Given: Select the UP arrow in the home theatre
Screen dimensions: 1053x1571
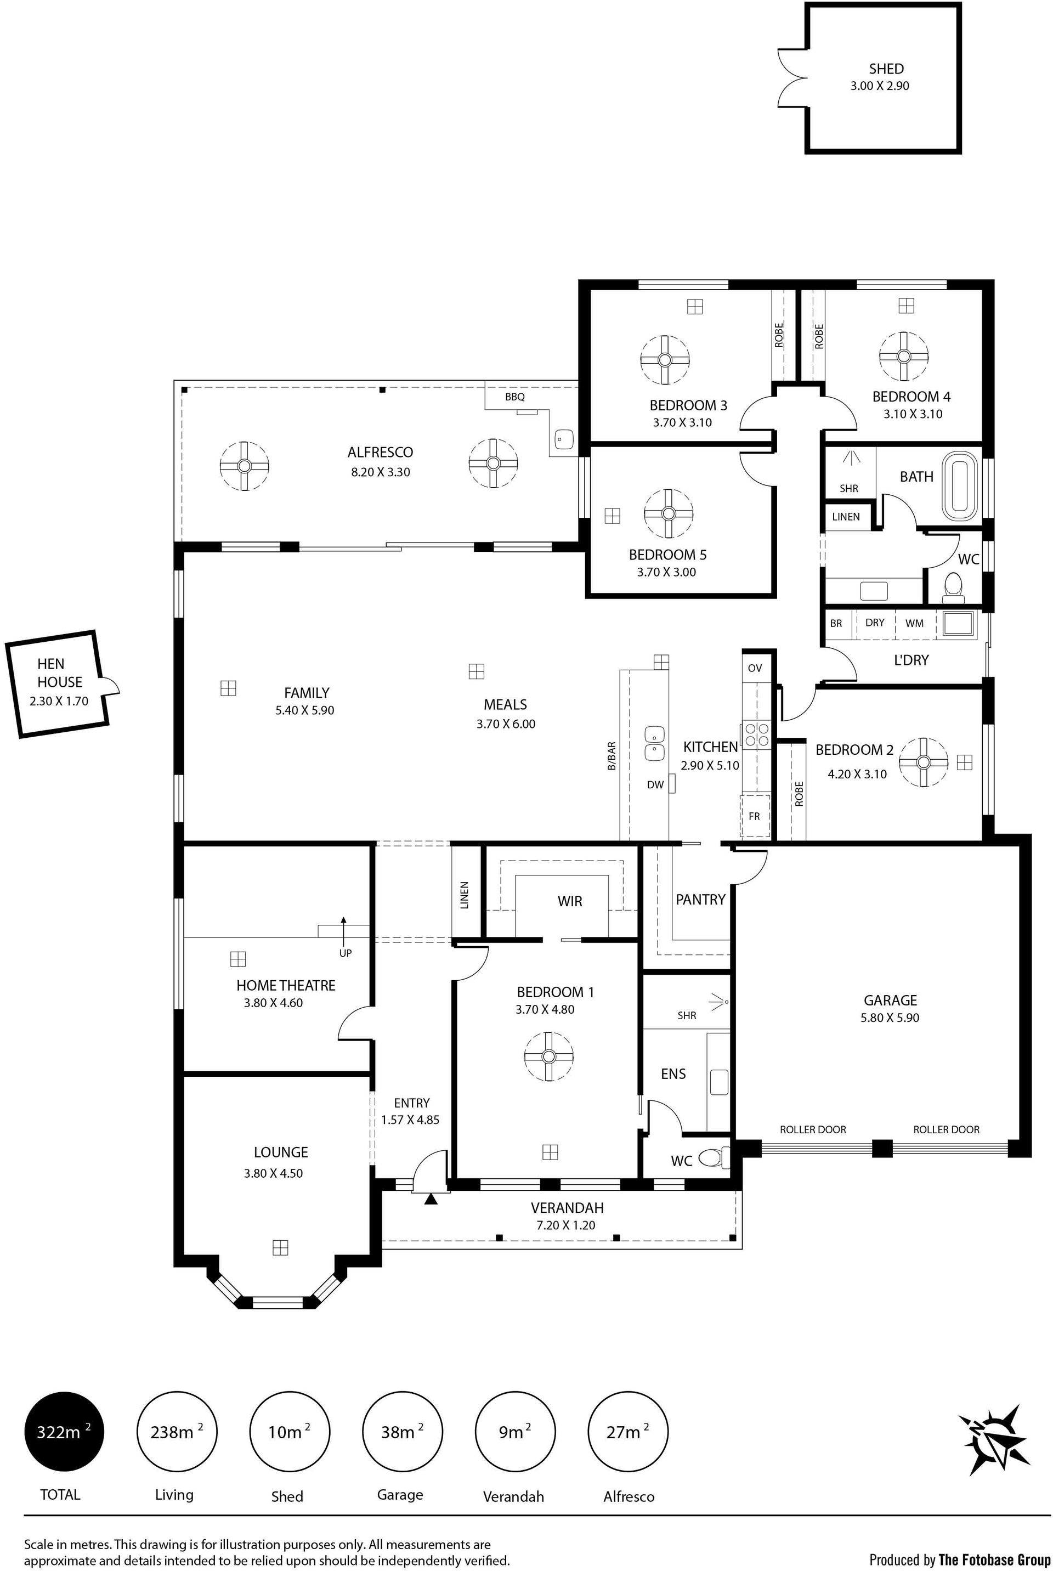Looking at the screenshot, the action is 343,930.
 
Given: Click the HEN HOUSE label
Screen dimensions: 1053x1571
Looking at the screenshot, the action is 60,673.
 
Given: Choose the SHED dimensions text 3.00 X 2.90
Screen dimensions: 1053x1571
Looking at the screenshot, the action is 880,86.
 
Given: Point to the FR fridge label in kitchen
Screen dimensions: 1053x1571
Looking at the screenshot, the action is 754,816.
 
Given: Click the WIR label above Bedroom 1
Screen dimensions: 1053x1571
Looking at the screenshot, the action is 569,901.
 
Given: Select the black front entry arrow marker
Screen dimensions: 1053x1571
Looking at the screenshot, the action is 431,1198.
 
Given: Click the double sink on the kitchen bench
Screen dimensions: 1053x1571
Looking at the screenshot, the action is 654,743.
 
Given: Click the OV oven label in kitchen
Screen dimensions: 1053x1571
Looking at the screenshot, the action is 755,668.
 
